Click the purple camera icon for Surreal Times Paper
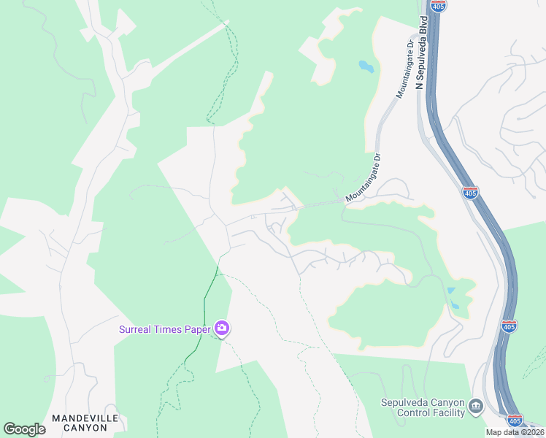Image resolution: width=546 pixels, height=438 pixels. click(x=223, y=329)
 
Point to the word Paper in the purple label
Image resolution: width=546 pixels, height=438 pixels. click(x=200, y=329)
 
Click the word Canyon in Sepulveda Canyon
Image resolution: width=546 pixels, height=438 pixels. click(x=447, y=402)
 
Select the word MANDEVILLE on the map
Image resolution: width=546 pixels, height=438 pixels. click(x=80, y=418)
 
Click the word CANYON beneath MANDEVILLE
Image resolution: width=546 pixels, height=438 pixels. click(x=80, y=428)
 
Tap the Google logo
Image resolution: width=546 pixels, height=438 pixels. click(x=24, y=429)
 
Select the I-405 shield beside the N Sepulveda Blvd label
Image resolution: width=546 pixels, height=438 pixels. click(x=439, y=6)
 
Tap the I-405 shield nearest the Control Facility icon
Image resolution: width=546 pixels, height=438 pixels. click(x=515, y=421)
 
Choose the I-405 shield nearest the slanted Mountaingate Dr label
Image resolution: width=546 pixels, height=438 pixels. click(x=471, y=193)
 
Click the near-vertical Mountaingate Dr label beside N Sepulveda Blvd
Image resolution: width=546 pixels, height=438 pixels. click(x=404, y=69)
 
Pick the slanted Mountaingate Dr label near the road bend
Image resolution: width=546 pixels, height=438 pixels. click(x=364, y=178)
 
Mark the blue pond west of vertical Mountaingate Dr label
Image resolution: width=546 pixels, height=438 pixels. click(x=365, y=67)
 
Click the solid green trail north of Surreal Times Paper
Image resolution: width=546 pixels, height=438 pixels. click(x=209, y=292)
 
